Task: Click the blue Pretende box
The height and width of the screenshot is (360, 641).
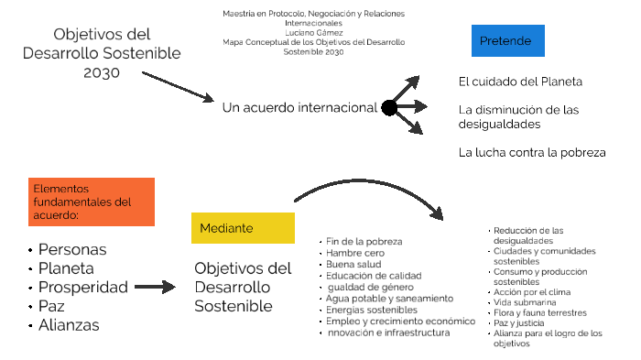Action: pos(506,41)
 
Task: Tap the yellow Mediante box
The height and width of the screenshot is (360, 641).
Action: pos(243,227)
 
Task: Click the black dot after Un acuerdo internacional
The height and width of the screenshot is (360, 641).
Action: pos(389,108)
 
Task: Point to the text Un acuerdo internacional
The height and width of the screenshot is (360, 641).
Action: pos(299,108)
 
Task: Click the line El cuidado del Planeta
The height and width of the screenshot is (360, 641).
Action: pos(520,82)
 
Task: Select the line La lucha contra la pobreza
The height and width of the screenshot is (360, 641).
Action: pos(532,152)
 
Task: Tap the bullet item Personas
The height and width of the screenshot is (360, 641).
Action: pos(71,249)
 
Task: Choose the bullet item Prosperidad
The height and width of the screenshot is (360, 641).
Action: pos(82,287)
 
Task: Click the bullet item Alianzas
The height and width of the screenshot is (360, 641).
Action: pos(69,324)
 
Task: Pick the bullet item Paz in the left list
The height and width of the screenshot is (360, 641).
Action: pos(51,306)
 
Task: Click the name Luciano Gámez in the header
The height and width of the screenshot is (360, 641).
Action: pos(313,32)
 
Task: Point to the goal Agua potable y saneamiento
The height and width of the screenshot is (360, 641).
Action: pos(389,299)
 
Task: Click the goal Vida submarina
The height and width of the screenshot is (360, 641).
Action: pos(524,301)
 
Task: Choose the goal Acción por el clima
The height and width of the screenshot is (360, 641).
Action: pos(531,291)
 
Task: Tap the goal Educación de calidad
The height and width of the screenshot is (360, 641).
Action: pos(373,276)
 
